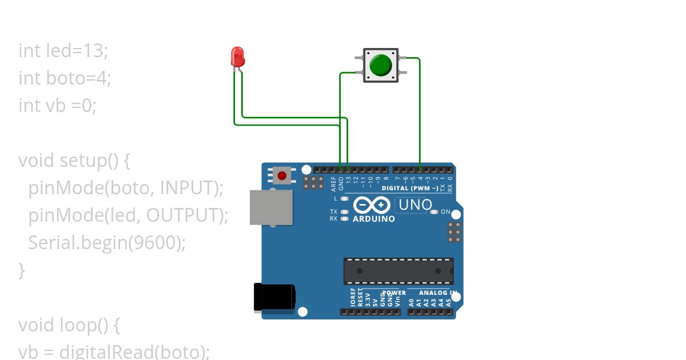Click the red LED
238,57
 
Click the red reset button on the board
282,174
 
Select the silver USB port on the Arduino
271,207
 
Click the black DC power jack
274,298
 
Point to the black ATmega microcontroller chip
398,271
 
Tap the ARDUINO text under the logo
374,219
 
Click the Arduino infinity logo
372,205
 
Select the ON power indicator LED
434,212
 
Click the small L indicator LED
344,199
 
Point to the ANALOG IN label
438,293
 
